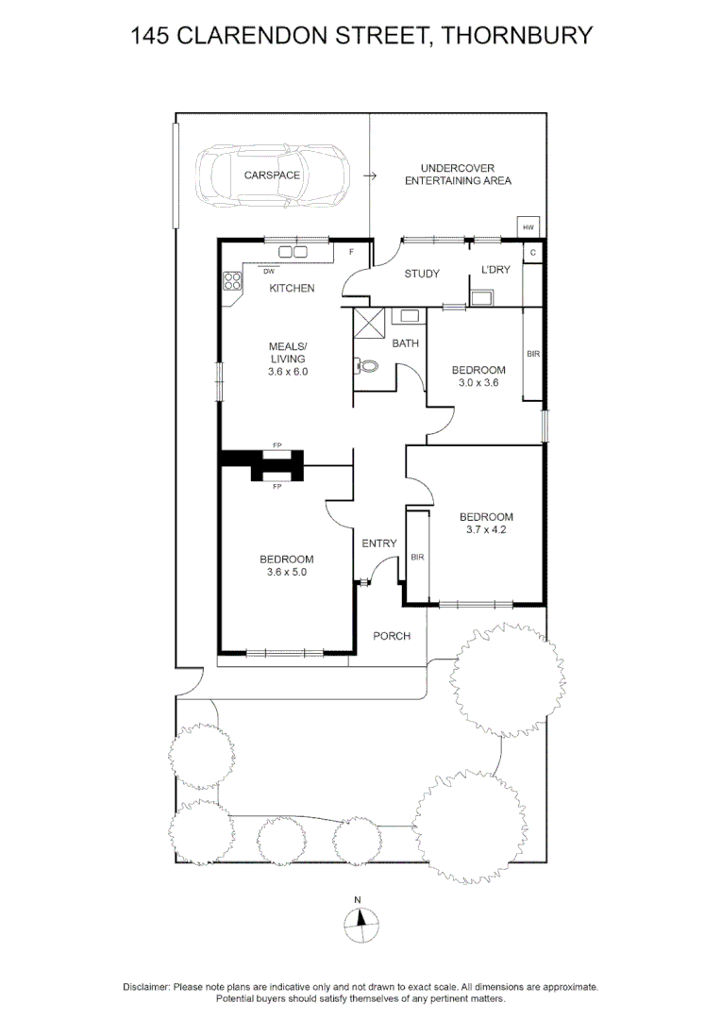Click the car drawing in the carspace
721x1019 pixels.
[x=273, y=175]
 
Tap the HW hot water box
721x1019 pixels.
[x=528, y=226]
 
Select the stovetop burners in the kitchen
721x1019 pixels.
[x=233, y=281]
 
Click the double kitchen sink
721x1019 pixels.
[x=293, y=252]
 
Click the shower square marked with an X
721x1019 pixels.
[x=369, y=324]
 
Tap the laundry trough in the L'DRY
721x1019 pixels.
[x=480, y=298]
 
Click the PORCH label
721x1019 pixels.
[x=392, y=636]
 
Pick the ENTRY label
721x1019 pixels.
[x=379, y=543]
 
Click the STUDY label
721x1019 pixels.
[x=422, y=274]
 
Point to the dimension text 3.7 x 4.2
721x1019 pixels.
[x=486, y=529]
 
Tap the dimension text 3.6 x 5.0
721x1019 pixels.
[x=286, y=572]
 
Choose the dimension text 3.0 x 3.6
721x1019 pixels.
[x=478, y=383]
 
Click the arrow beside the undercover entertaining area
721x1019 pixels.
[x=370, y=175]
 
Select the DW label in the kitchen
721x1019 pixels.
[x=269, y=271]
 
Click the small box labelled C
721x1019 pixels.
[x=533, y=252]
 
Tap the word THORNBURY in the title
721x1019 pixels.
[x=517, y=35]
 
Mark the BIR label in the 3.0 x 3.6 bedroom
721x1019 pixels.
[x=533, y=354]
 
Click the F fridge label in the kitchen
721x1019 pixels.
[x=352, y=252]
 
